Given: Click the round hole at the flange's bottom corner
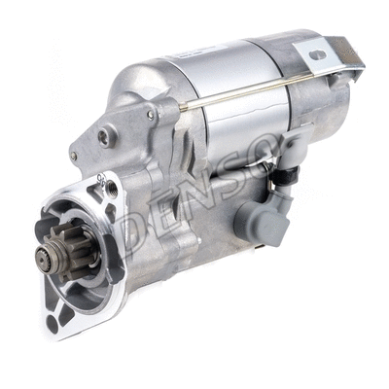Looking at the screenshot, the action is point(53,324).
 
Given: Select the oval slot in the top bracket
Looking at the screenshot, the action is point(317,54).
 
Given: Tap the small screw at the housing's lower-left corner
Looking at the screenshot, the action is point(74,157).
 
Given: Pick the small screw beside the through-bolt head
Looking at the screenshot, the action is point(151,115).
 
